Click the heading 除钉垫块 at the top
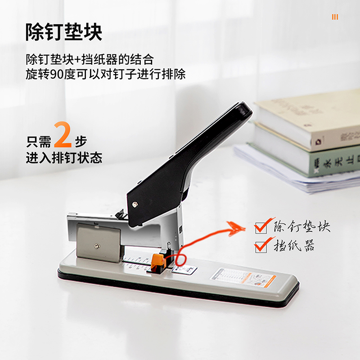(x=64, y=32)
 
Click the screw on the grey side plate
(x=97, y=246)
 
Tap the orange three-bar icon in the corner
(x=335, y=17)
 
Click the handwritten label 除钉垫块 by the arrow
(x=301, y=226)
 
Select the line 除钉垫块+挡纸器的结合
(x=90, y=59)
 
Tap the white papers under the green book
(x=288, y=173)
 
